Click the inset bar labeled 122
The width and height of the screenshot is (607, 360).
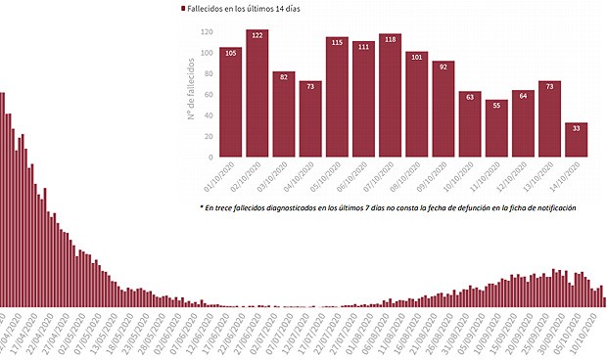(257, 93)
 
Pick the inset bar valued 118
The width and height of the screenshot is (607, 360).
(390, 95)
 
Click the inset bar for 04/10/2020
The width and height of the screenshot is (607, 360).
(310, 118)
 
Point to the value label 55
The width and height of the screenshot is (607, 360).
(496, 105)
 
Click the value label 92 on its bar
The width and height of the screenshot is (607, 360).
(443, 67)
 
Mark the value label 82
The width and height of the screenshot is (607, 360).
(284, 76)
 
